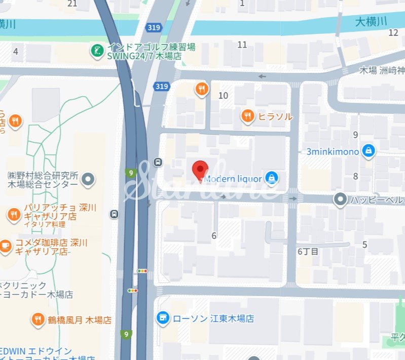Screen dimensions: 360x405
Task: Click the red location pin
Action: pos(201,170)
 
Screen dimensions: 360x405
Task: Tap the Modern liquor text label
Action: pos(233,179)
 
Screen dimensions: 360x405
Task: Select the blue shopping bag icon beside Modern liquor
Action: pos(272,178)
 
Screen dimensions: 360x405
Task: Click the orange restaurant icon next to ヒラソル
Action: pos(248,116)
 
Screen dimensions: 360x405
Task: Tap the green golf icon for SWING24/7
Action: pos(96,50)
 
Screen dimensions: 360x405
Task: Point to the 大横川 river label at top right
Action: pos(371,21)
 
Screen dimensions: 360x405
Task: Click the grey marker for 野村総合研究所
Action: pos(89,179)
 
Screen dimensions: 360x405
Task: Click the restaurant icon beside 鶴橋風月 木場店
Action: pos(38,319)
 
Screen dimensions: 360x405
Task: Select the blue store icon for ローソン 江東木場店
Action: pos(163,318)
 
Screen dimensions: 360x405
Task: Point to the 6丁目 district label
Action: pos(308,251)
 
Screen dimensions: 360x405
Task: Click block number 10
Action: pos(223,95)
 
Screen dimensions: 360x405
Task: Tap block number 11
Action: pos(242,45)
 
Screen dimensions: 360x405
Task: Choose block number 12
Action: pos(393,33)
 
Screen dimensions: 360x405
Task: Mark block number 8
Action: pos(355,176)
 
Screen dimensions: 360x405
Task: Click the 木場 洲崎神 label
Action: pos(382,70)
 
